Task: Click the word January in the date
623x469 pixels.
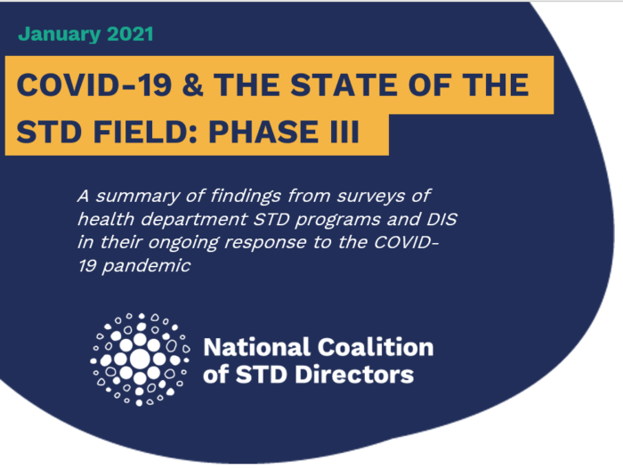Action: pyautogui.click(x=60, y=35)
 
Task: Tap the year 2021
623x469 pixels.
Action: pyautogui.click(x=130, y=34)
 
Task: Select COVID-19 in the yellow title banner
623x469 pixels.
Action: pyautogui.click(x=94, y=85)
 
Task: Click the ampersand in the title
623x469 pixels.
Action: pyautogui.click(x=193, y=85)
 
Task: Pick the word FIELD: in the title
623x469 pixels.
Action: pyautogui.click(x=146, y=132)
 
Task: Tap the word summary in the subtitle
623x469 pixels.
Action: pyautogui.click(x=137, y=197)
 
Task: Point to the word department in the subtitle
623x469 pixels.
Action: pyautogui.click(x=194, y=220)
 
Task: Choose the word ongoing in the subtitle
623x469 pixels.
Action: pyautogui.click(x=183, y=243)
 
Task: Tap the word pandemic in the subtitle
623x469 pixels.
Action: pyautogui.click(x=146, y=266)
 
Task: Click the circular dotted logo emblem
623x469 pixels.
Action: pyautogui.click(x=140, y=360)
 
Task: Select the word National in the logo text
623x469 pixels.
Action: pyautogui.click(x=256, y=347)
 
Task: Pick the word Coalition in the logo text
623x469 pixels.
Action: pyautogui.click(x=375, y=347)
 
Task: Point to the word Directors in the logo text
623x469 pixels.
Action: pyautogui.click(x=354, y=375)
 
